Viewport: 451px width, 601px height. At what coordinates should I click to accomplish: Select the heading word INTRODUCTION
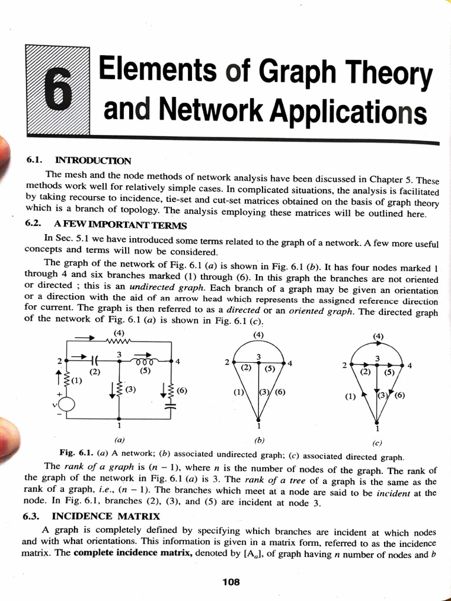[93, 160]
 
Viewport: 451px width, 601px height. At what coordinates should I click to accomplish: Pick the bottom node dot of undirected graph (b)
[259, 419]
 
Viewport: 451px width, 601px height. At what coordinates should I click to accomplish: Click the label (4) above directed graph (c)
[378, 336]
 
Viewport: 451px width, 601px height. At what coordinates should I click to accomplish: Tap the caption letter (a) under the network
[120, 438]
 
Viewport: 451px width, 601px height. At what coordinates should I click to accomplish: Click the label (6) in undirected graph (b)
[279, 392]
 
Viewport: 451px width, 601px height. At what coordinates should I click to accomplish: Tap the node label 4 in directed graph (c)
[409, 366]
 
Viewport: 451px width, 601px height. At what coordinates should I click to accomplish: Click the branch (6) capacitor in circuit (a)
[171, 404]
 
